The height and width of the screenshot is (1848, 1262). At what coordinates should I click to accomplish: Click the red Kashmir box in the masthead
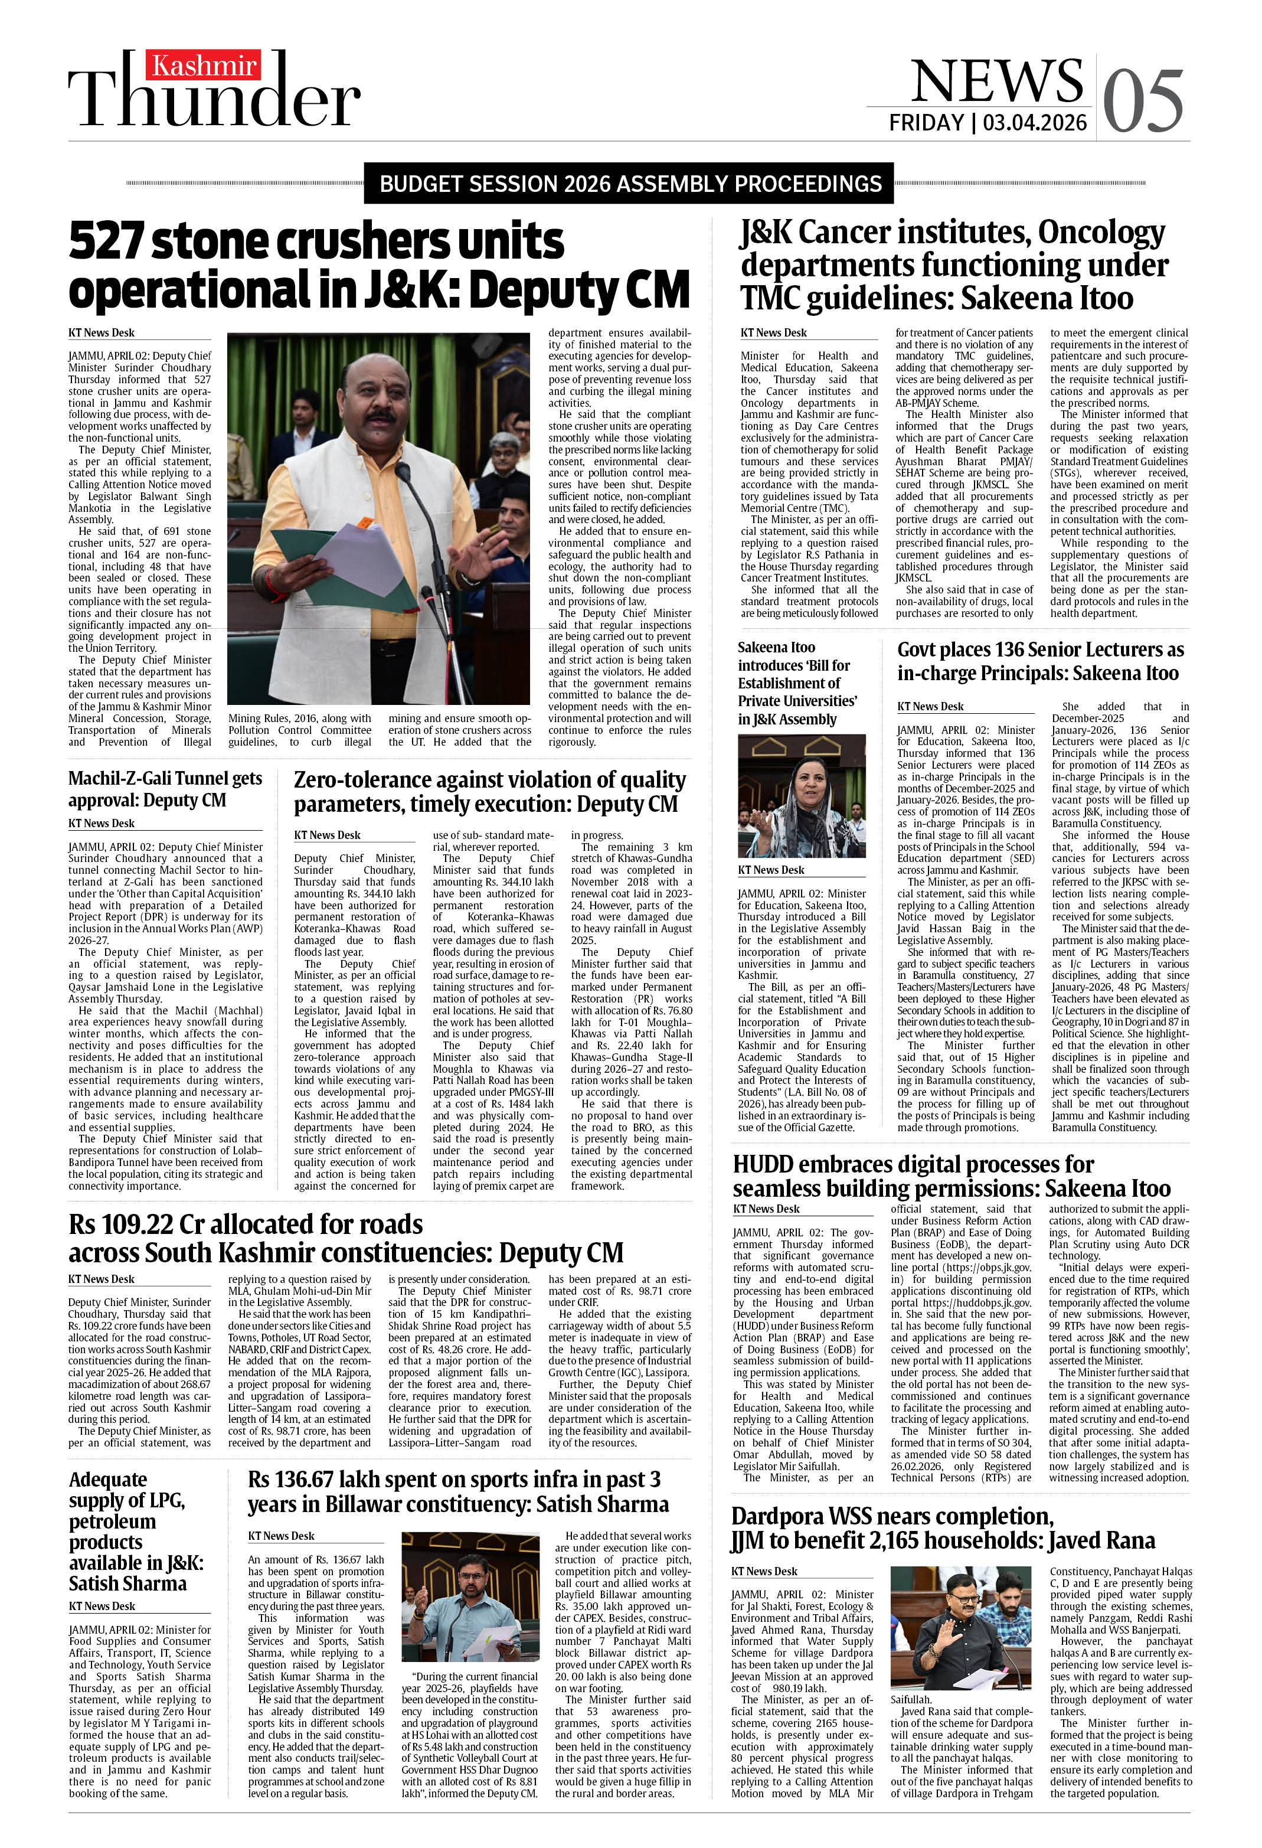coord(204,65)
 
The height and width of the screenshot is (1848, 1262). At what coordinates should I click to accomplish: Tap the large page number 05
coord(1143,101)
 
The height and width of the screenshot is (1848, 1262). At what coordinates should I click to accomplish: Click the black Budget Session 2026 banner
coord(629,184)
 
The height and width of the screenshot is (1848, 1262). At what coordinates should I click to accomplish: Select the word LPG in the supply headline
coord(163,1500)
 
